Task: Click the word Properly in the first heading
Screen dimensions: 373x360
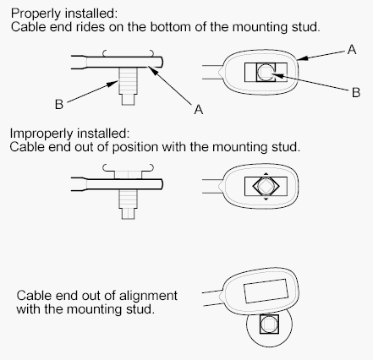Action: click(36, 14)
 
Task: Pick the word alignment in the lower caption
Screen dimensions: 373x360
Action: click(148, 296)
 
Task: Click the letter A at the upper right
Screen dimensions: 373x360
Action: click(352, 50)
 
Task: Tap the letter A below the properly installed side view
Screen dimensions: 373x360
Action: click(199, 109)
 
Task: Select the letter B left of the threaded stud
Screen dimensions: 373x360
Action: click(59, 104)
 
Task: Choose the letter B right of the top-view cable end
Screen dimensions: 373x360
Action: click(356, 92)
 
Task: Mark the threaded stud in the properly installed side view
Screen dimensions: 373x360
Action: click(128, 86)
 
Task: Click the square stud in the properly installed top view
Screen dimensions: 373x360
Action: click(266, 73)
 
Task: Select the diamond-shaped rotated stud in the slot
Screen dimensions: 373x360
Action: click(266, 186)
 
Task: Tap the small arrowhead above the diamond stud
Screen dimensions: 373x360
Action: click(266, 174)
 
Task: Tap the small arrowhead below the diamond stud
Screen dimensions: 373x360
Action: click(266, 199)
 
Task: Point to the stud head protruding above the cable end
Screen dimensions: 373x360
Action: click(129, 174)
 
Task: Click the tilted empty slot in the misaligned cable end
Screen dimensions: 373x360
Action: click(266, 291)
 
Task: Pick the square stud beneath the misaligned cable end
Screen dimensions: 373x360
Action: click(269, 325)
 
